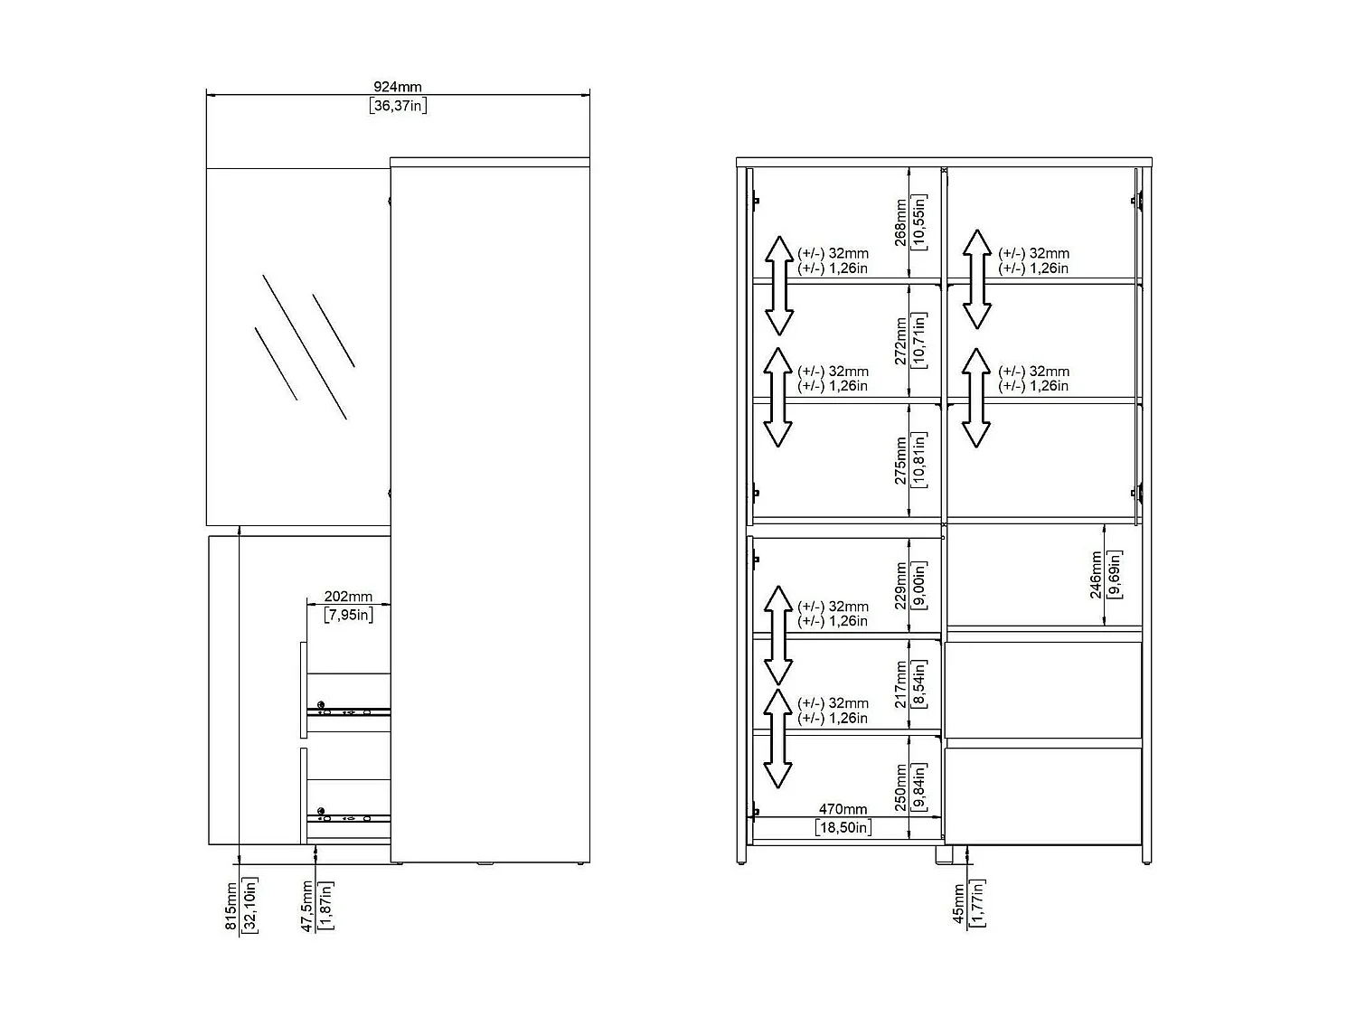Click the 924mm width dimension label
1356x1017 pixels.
click(x=398, y=88)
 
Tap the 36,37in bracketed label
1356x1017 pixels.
click(x=398, y=106)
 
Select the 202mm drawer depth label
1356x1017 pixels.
click(x=348, y=597)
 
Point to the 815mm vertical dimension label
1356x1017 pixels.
click(x=231, y=907)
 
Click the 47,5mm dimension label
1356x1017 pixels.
click(x=307, y=906)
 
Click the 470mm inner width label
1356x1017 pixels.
click(x=843, y=810)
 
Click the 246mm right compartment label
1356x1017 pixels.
click(x=1096, y=575)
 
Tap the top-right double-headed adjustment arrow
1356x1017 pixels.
click(x=976, y=278)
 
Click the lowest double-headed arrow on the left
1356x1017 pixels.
click(x=777, y=739)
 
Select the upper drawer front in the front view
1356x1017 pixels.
click(x=1043, y=690)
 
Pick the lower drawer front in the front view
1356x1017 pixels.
click(x=1043, y=795)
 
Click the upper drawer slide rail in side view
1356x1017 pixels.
click(x=349, y=711)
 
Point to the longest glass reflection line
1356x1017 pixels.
click(x=305, y=347)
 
